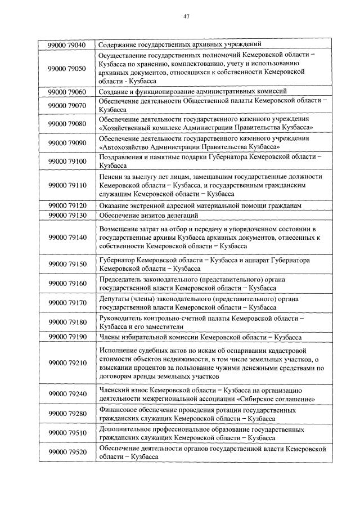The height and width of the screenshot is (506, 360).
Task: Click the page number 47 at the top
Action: [x=186, y=16]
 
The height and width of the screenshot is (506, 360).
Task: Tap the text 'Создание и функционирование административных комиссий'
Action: [x=192, y=91]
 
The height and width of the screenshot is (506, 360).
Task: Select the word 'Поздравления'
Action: [x=120, y=156]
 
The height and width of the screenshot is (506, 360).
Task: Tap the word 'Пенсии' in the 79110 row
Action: [x=109, y=176]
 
